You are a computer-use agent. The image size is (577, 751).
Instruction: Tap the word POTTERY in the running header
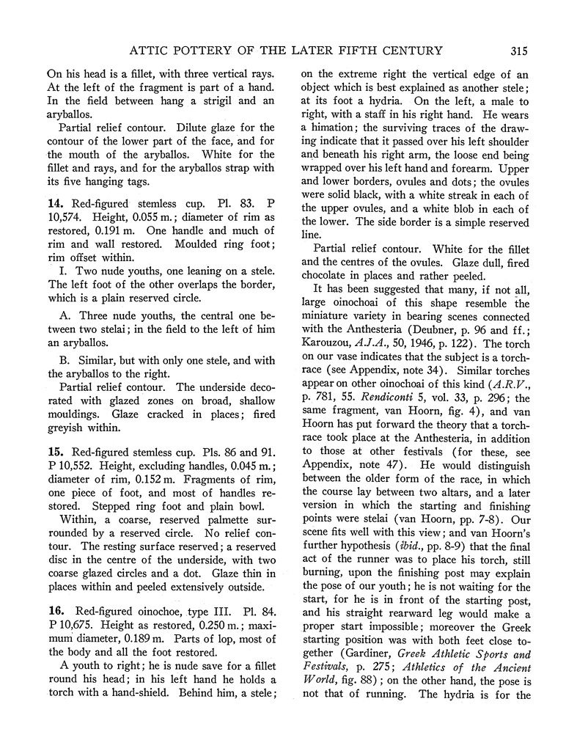[x=207, y=51]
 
